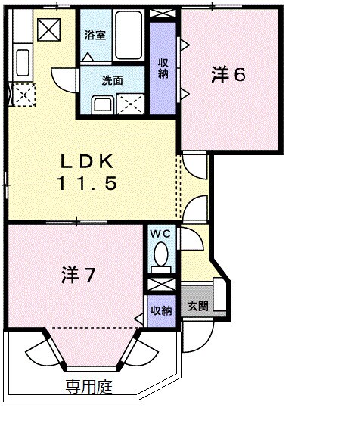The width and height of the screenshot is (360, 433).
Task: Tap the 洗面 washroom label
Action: click(111, 80)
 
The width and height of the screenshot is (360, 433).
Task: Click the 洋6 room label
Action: click(229, 74)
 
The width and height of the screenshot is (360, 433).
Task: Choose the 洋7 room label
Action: click(78, 276)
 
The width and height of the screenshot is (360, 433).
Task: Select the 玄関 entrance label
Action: click(197, 307)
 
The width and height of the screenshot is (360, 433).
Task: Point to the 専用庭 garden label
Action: click(88, 388)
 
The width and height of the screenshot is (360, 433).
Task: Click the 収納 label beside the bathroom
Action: click(163, 68)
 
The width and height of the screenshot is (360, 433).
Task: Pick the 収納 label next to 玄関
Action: click(160, 310)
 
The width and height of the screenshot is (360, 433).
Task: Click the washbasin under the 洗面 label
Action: click(102, 104)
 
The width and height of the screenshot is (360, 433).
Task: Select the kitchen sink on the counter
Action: click(21, 62)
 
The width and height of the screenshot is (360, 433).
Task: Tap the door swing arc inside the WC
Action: click(189, 241)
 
